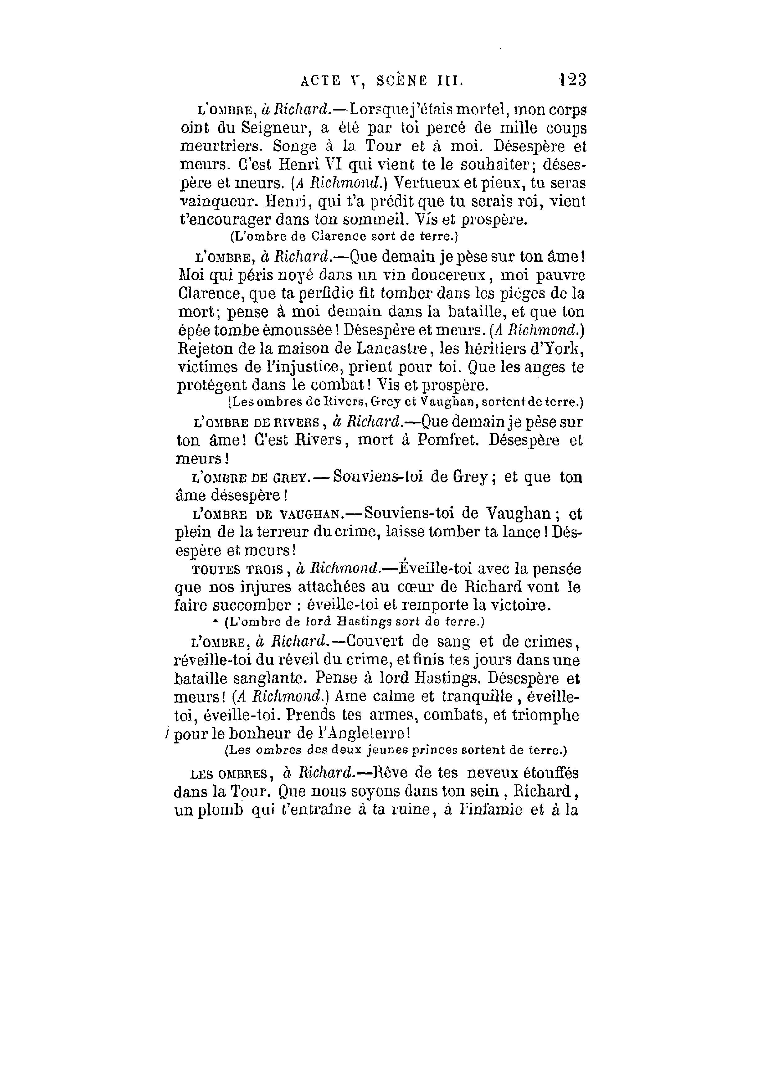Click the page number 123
click(572, 79)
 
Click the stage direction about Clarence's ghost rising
click(343, 236)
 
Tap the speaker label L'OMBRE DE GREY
click(252, 478)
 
